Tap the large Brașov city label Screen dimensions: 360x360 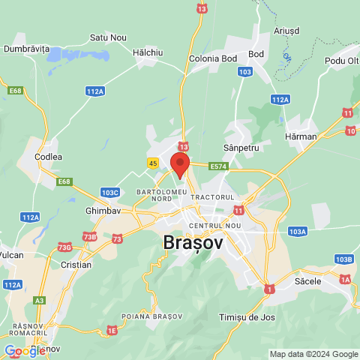(x=193, y=243)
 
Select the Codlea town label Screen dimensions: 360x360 (x=48, y=157)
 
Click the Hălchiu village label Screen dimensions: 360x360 (x=148, y=52)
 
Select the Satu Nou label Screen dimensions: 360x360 (x=108, y=37)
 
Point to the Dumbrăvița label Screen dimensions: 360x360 (x=26, y=49)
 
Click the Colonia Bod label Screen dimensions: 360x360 (x=214, y=59)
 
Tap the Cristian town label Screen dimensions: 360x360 (x=76, y=265)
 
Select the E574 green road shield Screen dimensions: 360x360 (x=219, y=166)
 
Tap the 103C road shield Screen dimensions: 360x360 (x=110, y=193)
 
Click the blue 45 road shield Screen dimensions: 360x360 (x=153, y=163)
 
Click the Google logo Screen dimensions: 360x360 (x=25, y=350)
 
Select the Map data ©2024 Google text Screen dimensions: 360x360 (x=314, y=354)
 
